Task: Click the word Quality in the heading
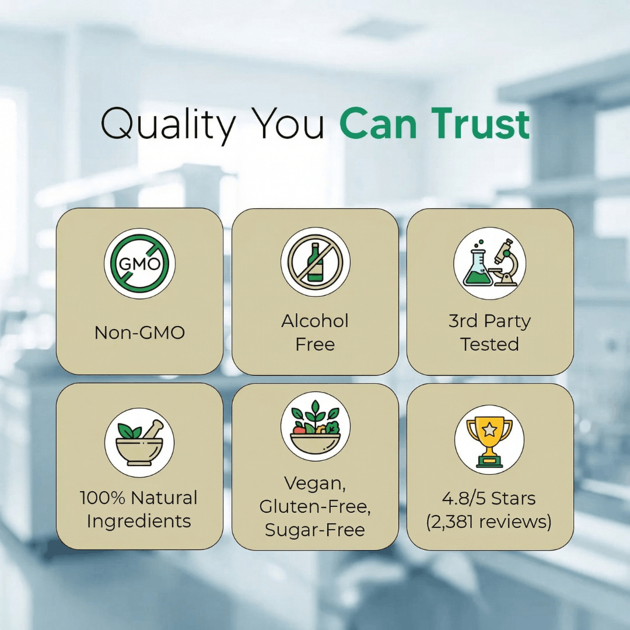pos(168,125)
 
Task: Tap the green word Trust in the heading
pos(481,124)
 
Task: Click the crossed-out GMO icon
pos(139,264)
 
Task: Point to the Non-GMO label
pos(139,332)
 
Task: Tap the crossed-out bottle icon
pos(316,262)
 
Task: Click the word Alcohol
pos(315,321)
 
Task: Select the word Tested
pos(489,344)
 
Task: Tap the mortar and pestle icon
pos(139,443)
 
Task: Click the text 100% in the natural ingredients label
pos(103,498)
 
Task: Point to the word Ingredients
pos(139,521)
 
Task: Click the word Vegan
pos(315,484)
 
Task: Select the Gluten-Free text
pos(315,507)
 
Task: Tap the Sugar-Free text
pos(315,530)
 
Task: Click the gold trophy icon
pos(489,442)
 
